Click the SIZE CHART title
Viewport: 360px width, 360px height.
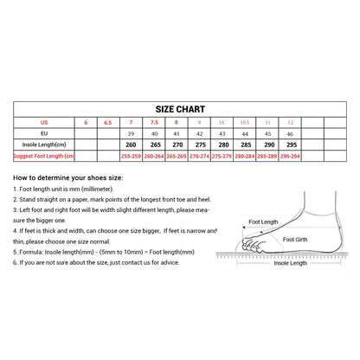click(180, 110)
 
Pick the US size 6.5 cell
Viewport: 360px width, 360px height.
click(108, 123)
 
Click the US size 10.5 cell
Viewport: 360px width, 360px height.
click(245, 123)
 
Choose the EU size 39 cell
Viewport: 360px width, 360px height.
click(132, 134)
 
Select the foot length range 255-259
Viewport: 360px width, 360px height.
click(132, 156)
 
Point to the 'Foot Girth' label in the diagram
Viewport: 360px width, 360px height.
click(295, 239)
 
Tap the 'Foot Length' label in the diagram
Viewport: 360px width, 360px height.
click(262, 222)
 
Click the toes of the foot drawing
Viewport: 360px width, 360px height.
click(250, 247)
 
